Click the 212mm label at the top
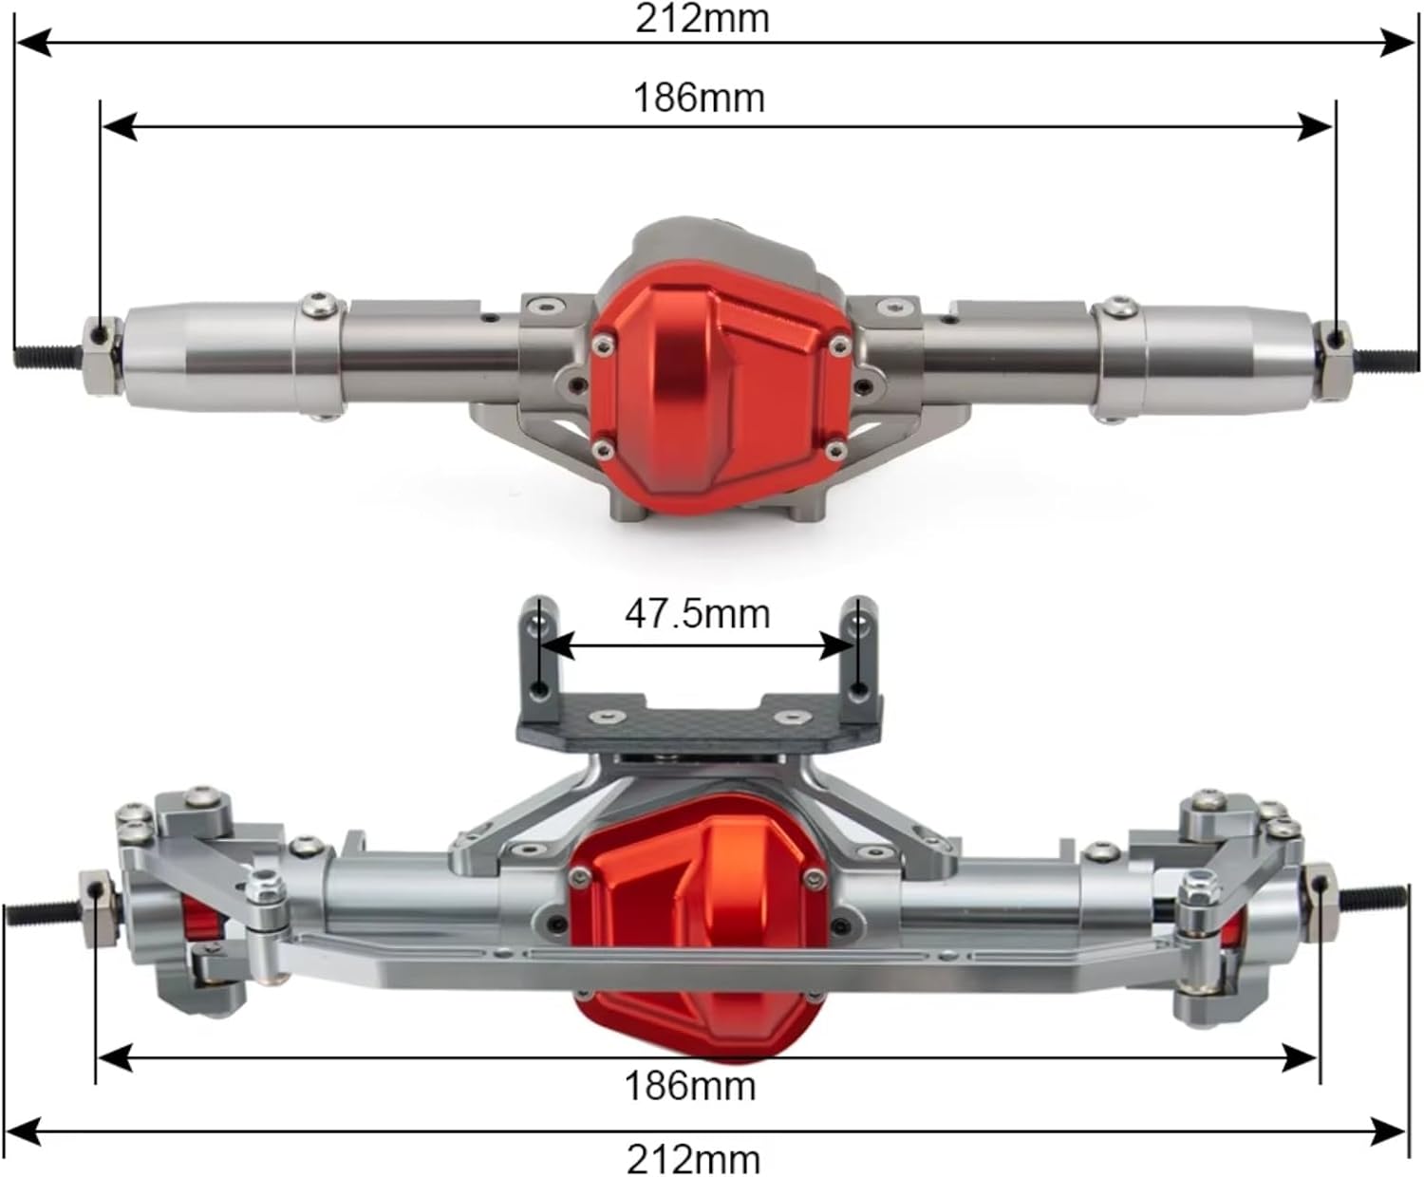pos(702,19)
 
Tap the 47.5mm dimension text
pos(697,614)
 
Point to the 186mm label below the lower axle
pos(690,1085)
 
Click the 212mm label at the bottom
pos(693,1159)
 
